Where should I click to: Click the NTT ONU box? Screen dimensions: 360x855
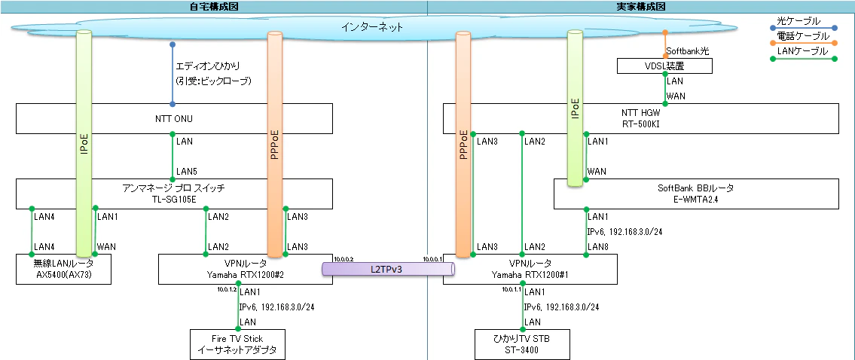(174, 119)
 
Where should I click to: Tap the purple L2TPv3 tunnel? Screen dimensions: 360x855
(387, 269)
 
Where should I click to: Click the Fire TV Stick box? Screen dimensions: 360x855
(238, 344)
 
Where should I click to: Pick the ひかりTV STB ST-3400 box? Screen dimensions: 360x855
(522, 344)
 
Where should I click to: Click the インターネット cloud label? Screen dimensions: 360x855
(371, 26)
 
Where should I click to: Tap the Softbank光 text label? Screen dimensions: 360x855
(686, 51)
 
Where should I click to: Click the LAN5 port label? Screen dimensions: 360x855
(186, 171)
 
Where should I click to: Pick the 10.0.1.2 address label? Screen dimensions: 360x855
(227, 289)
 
